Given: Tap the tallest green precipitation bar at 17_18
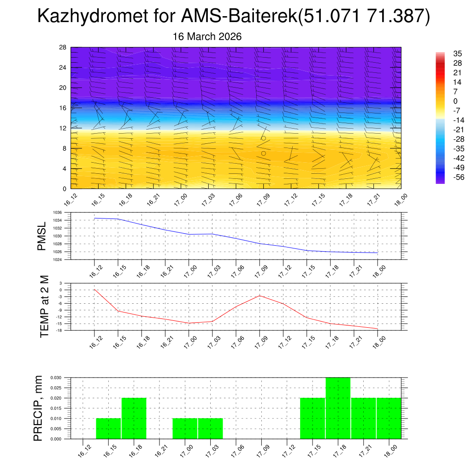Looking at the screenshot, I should (x=338, y=408).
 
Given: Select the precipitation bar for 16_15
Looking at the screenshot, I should (x=108, y=428).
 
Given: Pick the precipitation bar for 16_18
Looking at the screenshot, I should (x=134, y=418).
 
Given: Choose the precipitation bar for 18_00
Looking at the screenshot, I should (x=389, y=418).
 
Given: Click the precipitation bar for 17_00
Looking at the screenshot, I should (x=185, y=428).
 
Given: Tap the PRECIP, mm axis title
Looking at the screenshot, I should (x=39, y=408).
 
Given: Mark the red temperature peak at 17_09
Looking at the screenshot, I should (x=260, y=295).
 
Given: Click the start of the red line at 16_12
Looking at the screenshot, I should (x=94, y=289).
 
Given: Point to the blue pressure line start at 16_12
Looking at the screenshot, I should (x=94, y=218).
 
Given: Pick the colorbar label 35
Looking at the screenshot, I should (x=458, y=53).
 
